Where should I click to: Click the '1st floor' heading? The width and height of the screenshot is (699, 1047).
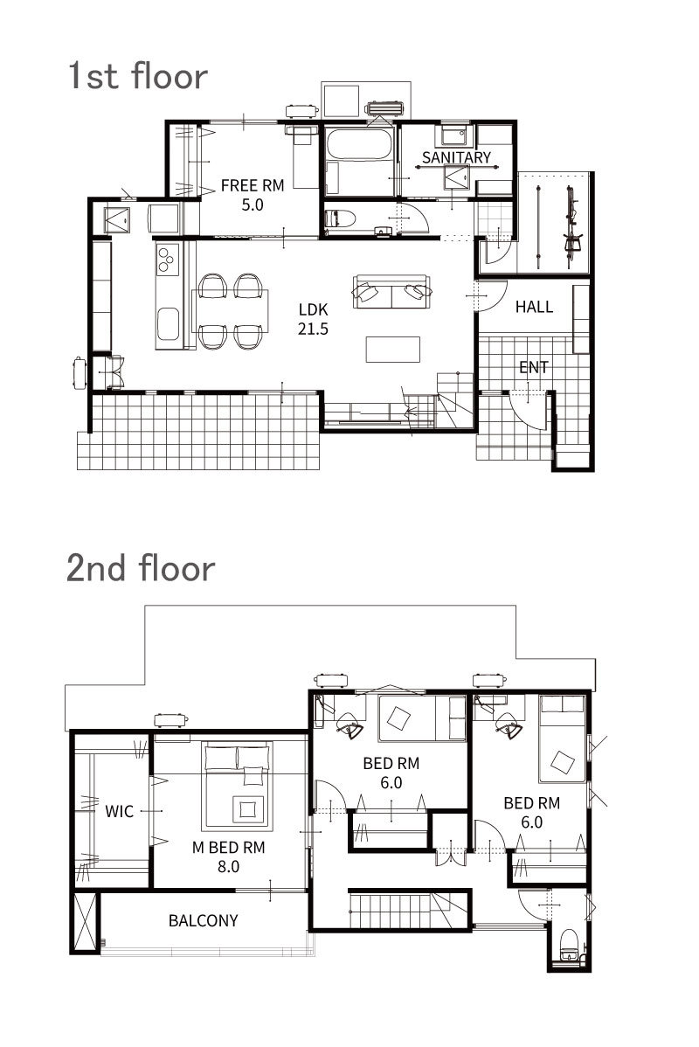tap(137, 75)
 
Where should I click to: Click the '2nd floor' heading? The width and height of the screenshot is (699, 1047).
tap(140, 568)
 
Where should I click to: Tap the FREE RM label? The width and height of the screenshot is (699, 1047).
tap(253, 185)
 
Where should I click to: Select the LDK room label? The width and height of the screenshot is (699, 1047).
tap(313, 309)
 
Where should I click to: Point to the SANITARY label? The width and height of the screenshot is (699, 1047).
tap(457, 157)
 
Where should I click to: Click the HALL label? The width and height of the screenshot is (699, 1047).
tap(534, 307)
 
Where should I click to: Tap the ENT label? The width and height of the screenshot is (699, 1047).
tap(534, 366)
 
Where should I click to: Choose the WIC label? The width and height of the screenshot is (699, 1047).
tap(120, 811)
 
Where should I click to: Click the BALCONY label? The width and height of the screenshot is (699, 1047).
tap(203, 921)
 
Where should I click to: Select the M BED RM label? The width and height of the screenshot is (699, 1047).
tap(228, 848)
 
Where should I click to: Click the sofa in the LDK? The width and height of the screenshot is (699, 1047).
tap(392, 291)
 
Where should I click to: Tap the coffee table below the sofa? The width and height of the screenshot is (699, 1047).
tap(392, 350)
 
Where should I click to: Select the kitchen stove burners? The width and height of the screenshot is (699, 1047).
tap(167, 259)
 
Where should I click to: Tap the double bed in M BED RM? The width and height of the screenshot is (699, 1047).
tap(237, 786)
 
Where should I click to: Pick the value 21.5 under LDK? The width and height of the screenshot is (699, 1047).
tap(313, 329)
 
